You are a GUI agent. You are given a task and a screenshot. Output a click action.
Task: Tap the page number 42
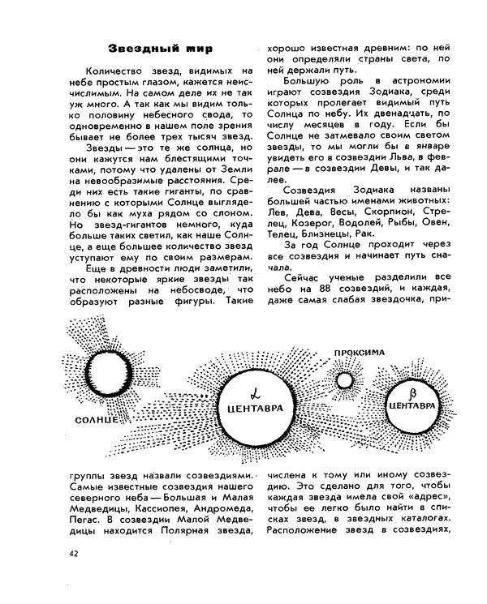pos(75,554)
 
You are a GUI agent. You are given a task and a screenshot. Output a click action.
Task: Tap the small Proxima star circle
pos(346,379)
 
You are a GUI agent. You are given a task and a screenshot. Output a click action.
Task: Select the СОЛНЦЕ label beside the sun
pos(98,420)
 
